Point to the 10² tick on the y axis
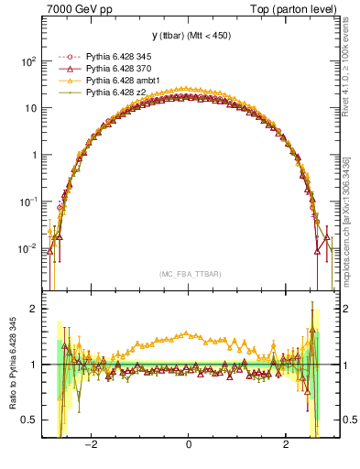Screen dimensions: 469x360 tap(29, 61)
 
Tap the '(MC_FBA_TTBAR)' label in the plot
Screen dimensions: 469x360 tap(189, 274)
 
